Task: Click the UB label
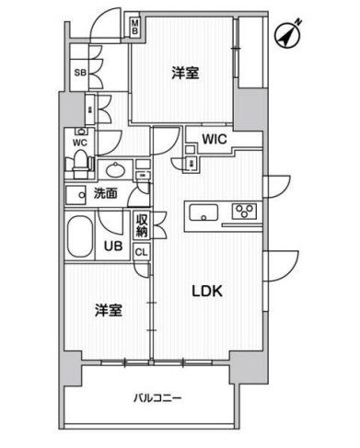[112, 247]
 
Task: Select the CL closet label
[141, 251]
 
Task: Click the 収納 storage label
[143, 224]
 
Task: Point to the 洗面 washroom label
[105, 194]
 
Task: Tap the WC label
[79, 143]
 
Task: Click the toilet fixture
[81, 164]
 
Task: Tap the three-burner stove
[244, 213]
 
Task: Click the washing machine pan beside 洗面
[75, 194]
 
